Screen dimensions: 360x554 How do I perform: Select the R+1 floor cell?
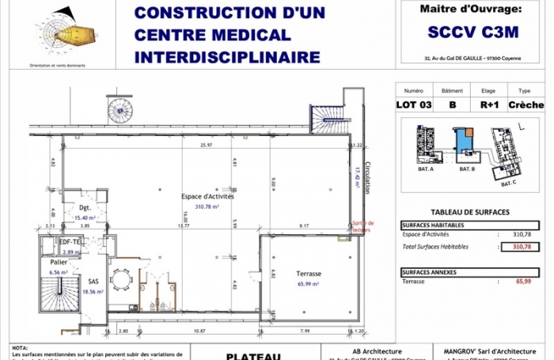pos(489,104)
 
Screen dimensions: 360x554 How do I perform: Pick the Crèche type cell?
pos(526,104)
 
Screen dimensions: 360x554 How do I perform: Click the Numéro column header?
pos(414,91)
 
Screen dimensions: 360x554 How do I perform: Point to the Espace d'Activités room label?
pos(207,195)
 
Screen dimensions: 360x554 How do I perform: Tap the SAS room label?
pos(93,281)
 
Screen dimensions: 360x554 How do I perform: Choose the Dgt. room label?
pos(85,208)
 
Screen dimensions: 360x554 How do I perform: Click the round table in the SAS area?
pos(122,279)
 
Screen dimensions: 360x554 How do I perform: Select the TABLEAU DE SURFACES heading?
pos(469,212)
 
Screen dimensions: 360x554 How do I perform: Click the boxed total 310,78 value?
pos(522,247)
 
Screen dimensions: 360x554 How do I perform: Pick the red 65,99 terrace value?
pos(522,281)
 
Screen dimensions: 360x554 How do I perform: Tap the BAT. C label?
pos(509,184)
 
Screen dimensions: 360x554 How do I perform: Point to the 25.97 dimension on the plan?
pos(207,146)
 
